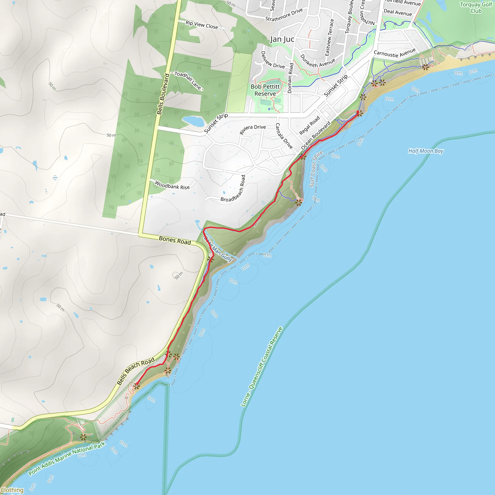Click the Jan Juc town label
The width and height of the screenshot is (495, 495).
pos(282,39)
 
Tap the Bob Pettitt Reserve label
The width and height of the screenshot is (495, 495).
pos(265,90)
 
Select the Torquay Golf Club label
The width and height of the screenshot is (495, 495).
pos(476,8)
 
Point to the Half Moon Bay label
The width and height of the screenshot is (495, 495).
pos(426,151)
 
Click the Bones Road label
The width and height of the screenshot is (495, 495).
pos(175,240)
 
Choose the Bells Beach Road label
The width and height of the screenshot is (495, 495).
pos(136,371)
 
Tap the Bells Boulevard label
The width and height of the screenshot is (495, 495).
pos(163,94)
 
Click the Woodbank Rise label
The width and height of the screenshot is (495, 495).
pos(172,185)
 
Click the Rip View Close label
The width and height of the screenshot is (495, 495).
pos(202,25)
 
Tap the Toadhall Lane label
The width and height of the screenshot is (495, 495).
pos(189,81)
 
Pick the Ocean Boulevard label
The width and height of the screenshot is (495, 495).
pos(316,136)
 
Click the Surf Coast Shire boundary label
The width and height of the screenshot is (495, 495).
pos(316,169)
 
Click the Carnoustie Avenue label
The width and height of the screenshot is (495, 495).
pos(394,53)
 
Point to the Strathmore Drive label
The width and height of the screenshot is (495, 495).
pos(284,15)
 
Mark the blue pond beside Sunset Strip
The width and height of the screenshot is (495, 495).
pos(193,121)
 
